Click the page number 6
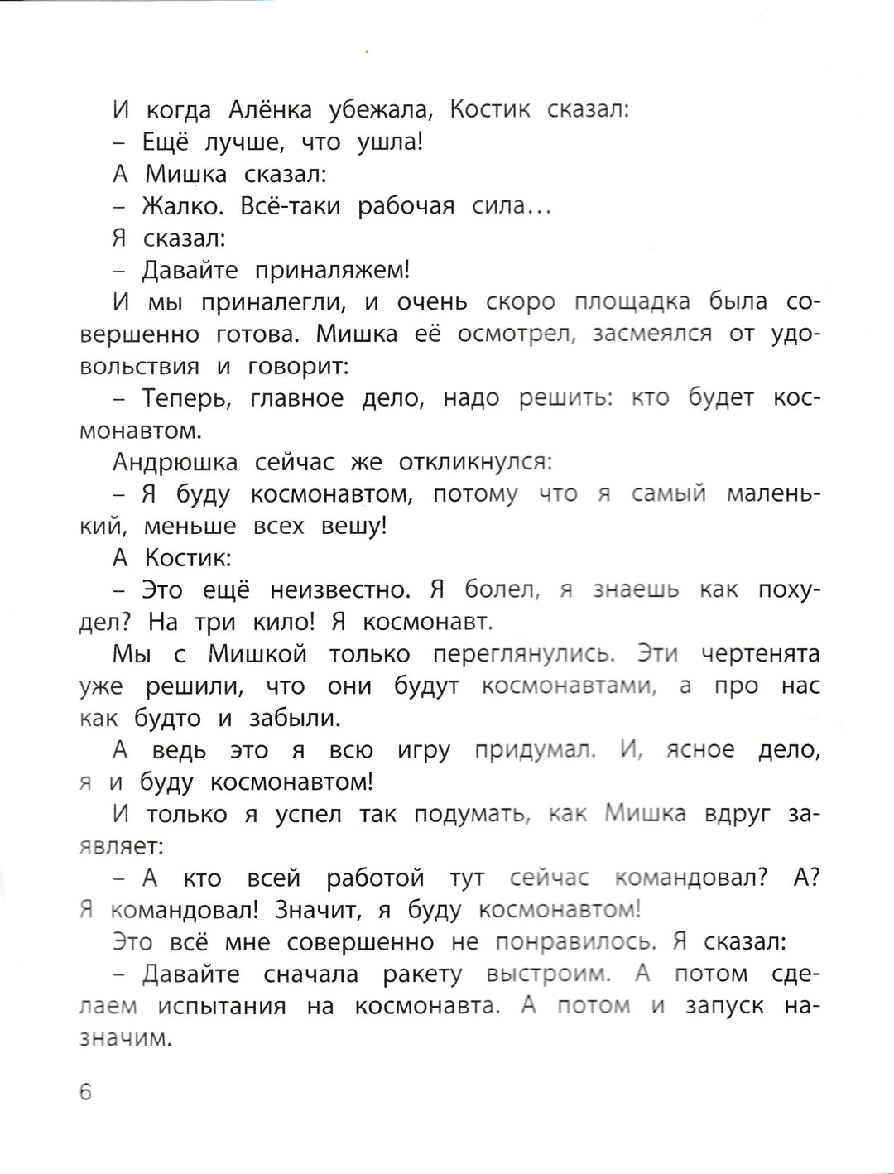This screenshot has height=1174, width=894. (x=86, y=1092)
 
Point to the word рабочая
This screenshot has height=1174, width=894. (x=406, y=206)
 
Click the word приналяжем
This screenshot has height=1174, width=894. (x=332, y=271)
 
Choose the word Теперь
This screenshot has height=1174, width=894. (x=185, y=399)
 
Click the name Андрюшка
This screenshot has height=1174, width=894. (x=175, y=463)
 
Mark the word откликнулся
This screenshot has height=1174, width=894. (x=475, y=463)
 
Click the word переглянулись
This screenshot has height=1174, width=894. (x=523, y=655)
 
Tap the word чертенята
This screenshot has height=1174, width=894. (x=760, y=655)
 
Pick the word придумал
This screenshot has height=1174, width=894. (x=535, y=751)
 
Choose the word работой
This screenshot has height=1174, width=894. (x=375, y=878)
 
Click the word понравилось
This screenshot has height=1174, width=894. (x=576, y=943)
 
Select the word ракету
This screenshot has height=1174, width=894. (x=422, y=975)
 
